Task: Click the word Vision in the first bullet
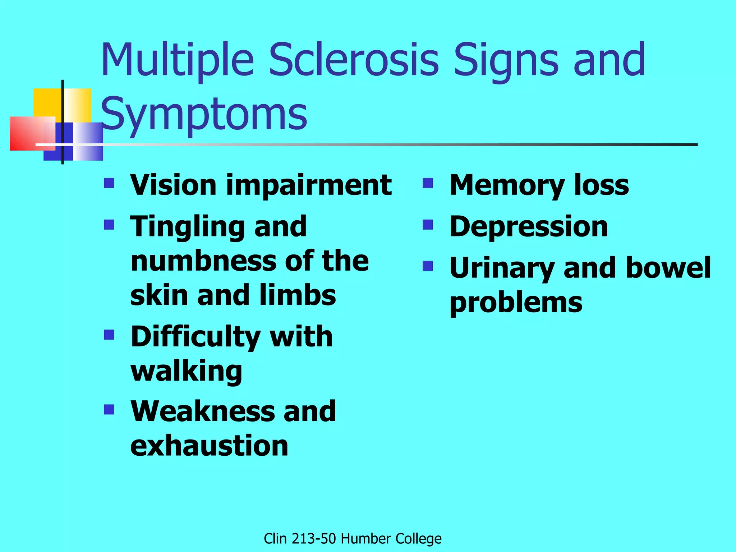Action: coord(174,185)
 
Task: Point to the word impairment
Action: coord(309,185)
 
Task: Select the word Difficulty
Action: coord(195,337)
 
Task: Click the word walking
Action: coord(186,371)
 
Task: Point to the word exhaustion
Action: coord(209,445)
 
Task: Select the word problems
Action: coord(516,302)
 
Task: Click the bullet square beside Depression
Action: coord(428,225)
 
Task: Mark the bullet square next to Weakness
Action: coord(109,410)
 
